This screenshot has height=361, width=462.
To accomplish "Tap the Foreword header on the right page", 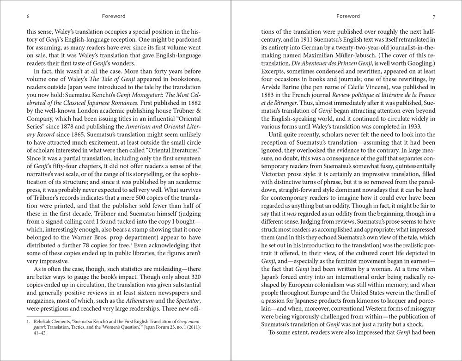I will tap(348, 16).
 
